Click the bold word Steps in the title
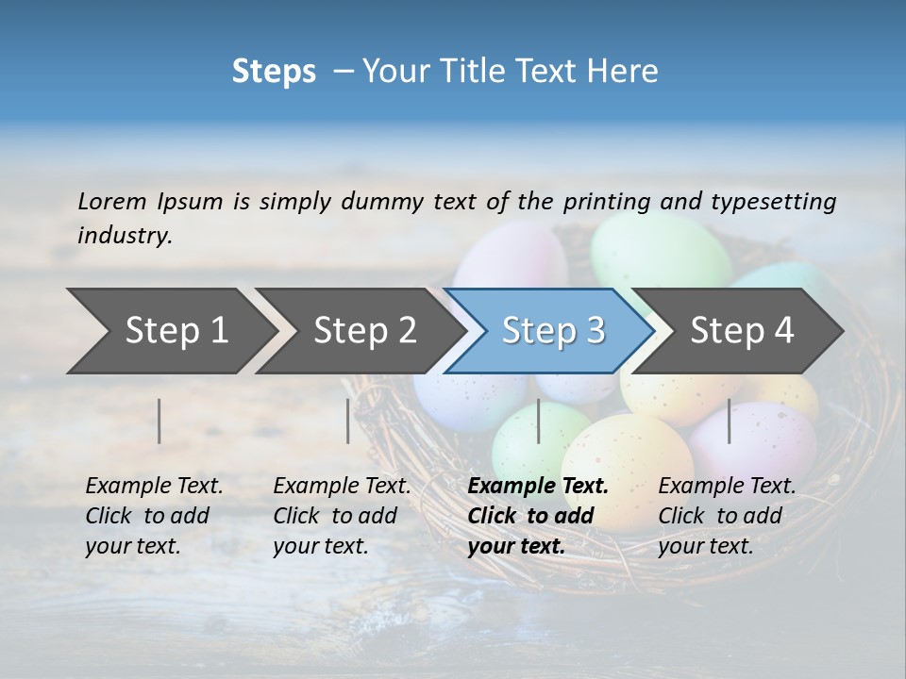pos(274,72)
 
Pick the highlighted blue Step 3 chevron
pos(553,330)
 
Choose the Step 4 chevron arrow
pos(742,330)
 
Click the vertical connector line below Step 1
pos(159,421)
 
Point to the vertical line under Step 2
pos(348,421)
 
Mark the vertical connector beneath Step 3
pos(538,421)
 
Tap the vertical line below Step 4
pos(730,421)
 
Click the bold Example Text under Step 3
pos(538,516)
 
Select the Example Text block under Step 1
pos(154,516)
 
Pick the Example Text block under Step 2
pos(342,516)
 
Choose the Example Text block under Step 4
pos(727,516)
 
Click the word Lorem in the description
pos(112,201)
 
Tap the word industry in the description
pos(125,236)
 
